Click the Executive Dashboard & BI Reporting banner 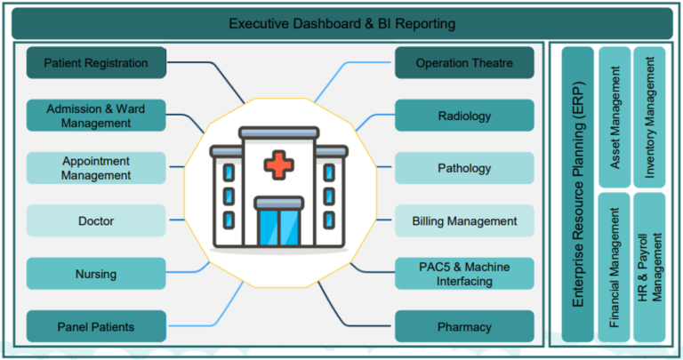[x=341, y=23]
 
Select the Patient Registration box [x=96, y=63]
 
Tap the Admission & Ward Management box [x=96, y=116]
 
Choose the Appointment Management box [x=96, y=168]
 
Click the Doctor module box [x=96, y=220]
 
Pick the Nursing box [x=96, y=274]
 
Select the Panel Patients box [x=96, y=326]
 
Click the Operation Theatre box [x=464, y=63]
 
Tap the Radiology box [x=464, y=116]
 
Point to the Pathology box [x=464, y=168]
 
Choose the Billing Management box [x=464, y=220]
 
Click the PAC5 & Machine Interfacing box [x=464, y=274]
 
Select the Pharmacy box [x=464, y=326]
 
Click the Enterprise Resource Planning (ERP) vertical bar [x=577, y=195]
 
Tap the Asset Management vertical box [x=615, y=117]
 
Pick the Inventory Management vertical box [x=649, y=117]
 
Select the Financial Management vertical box [x=615, y=268]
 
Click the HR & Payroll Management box [x=649, y=268]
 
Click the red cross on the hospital [x=279, y=165]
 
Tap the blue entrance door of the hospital [x=279, y=227]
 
